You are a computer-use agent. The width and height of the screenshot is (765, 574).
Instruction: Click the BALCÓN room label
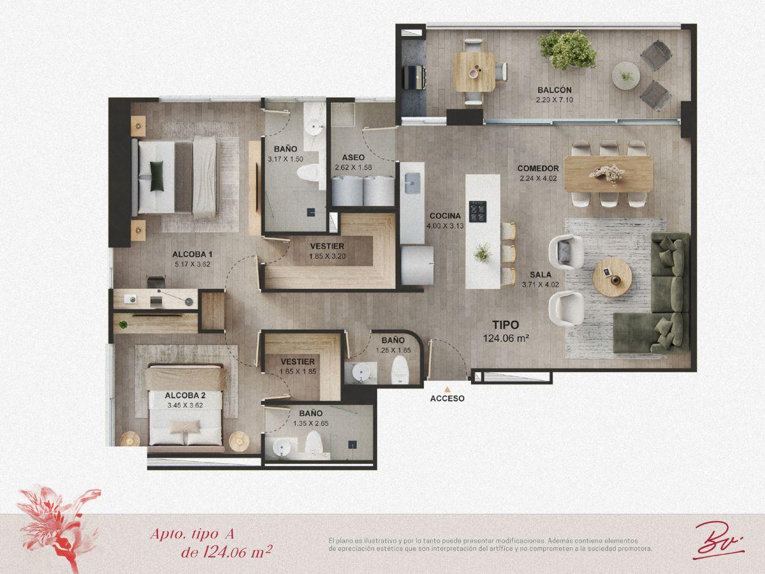click(555, 90)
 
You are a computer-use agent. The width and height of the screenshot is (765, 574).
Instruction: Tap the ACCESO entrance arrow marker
click(447, 389)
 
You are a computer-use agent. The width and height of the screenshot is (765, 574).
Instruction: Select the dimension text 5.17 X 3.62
click(193, 264)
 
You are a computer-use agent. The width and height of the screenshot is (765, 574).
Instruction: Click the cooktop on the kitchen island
click(477, 212)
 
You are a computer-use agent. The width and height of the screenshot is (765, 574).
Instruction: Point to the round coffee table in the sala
click(613, 277)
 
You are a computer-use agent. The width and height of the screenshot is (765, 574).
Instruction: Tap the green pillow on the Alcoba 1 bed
click(157, 176)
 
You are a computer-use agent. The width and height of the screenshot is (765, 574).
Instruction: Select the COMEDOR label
click(538, 168)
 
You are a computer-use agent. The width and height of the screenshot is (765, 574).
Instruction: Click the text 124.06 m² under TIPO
click(506, 338)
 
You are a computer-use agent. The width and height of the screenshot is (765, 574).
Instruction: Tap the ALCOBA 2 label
click(185, 395)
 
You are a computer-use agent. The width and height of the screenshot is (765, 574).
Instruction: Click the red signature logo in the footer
click(718, 542)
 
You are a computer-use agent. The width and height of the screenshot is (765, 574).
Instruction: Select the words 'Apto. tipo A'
click(192, 534)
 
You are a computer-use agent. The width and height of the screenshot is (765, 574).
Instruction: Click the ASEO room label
click(353, 158)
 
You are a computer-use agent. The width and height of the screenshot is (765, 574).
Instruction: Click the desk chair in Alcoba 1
click(156, 282)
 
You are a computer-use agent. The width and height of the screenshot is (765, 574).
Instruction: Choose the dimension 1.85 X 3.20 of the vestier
click(327, 256)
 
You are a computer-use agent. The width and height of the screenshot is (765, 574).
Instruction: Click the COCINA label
click(445, 216)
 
